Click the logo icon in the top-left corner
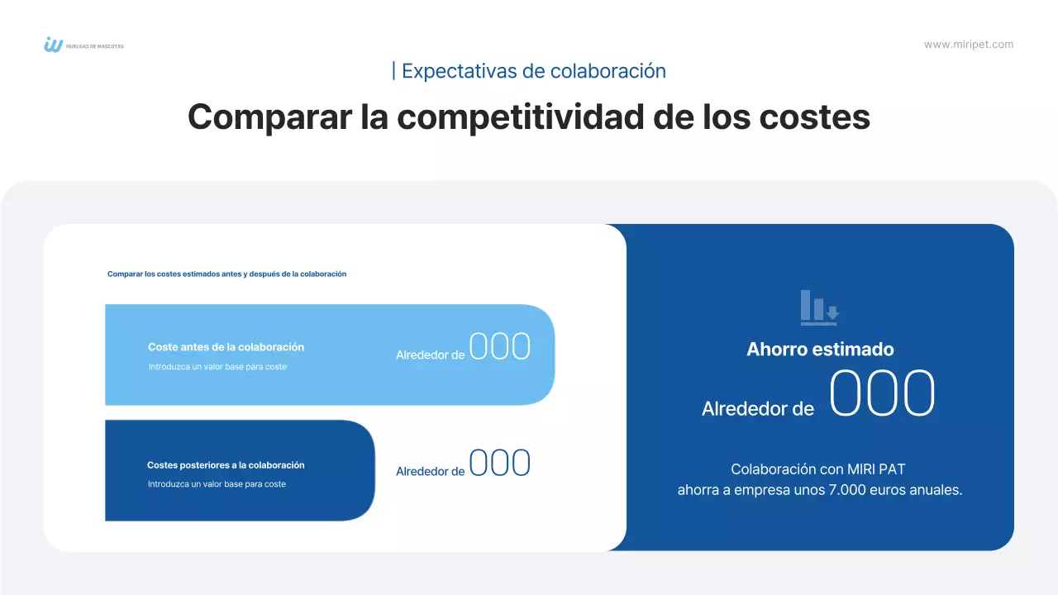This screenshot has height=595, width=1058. [53, 45]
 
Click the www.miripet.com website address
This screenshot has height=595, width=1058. [968, 45]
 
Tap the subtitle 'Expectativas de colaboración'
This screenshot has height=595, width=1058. [533, 71]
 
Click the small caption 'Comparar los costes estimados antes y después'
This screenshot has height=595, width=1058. [226, 274]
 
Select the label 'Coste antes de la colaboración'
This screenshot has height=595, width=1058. [226, 347]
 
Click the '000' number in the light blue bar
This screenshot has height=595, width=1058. [499, 347]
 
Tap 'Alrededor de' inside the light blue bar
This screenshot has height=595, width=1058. [430, 355]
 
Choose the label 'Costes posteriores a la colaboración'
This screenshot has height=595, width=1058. [226, 465]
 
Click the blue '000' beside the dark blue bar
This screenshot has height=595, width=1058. [499, 464]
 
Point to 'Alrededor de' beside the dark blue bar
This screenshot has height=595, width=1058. [430, 472]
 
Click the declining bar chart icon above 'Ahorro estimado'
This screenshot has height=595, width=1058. [819, 307]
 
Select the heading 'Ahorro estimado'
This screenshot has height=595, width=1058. [820, 350]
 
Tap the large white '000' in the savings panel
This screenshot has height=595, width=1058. [882, 394]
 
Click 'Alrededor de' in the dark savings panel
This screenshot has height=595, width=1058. [757, 408]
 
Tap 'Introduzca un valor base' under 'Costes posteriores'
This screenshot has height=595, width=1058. [217, 484]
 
